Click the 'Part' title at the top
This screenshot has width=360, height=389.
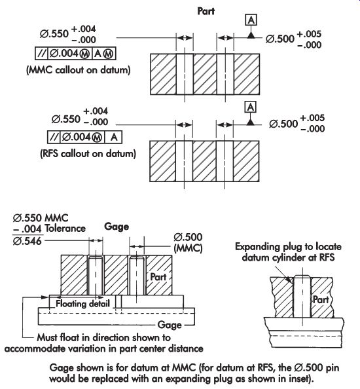(206, 11)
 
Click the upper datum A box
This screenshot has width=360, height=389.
(251, 20)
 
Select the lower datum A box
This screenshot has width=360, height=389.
(251, 107)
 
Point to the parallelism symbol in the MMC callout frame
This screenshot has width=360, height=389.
(41, 53)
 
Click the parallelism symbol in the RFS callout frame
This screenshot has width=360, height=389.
(54, 137)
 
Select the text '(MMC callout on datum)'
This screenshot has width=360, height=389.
(79, 70)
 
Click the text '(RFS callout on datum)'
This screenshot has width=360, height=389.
(88, 153)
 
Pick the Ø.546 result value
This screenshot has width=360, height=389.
(27, 241)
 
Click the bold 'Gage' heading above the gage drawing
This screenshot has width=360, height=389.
(117, 227)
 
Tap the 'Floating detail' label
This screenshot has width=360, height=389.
(82, 303)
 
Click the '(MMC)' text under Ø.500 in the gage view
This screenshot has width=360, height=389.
(189, 248)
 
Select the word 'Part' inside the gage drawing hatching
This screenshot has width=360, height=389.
(158, 276)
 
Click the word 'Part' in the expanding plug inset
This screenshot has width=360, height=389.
(321, 299)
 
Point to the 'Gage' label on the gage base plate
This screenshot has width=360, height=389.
(170, 325)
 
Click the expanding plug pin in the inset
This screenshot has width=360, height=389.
(302, 296)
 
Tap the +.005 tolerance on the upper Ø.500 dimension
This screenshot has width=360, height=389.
(309, 34)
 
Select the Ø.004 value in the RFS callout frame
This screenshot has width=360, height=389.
(77, 137)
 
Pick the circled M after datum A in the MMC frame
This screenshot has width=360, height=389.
(108, 54)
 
